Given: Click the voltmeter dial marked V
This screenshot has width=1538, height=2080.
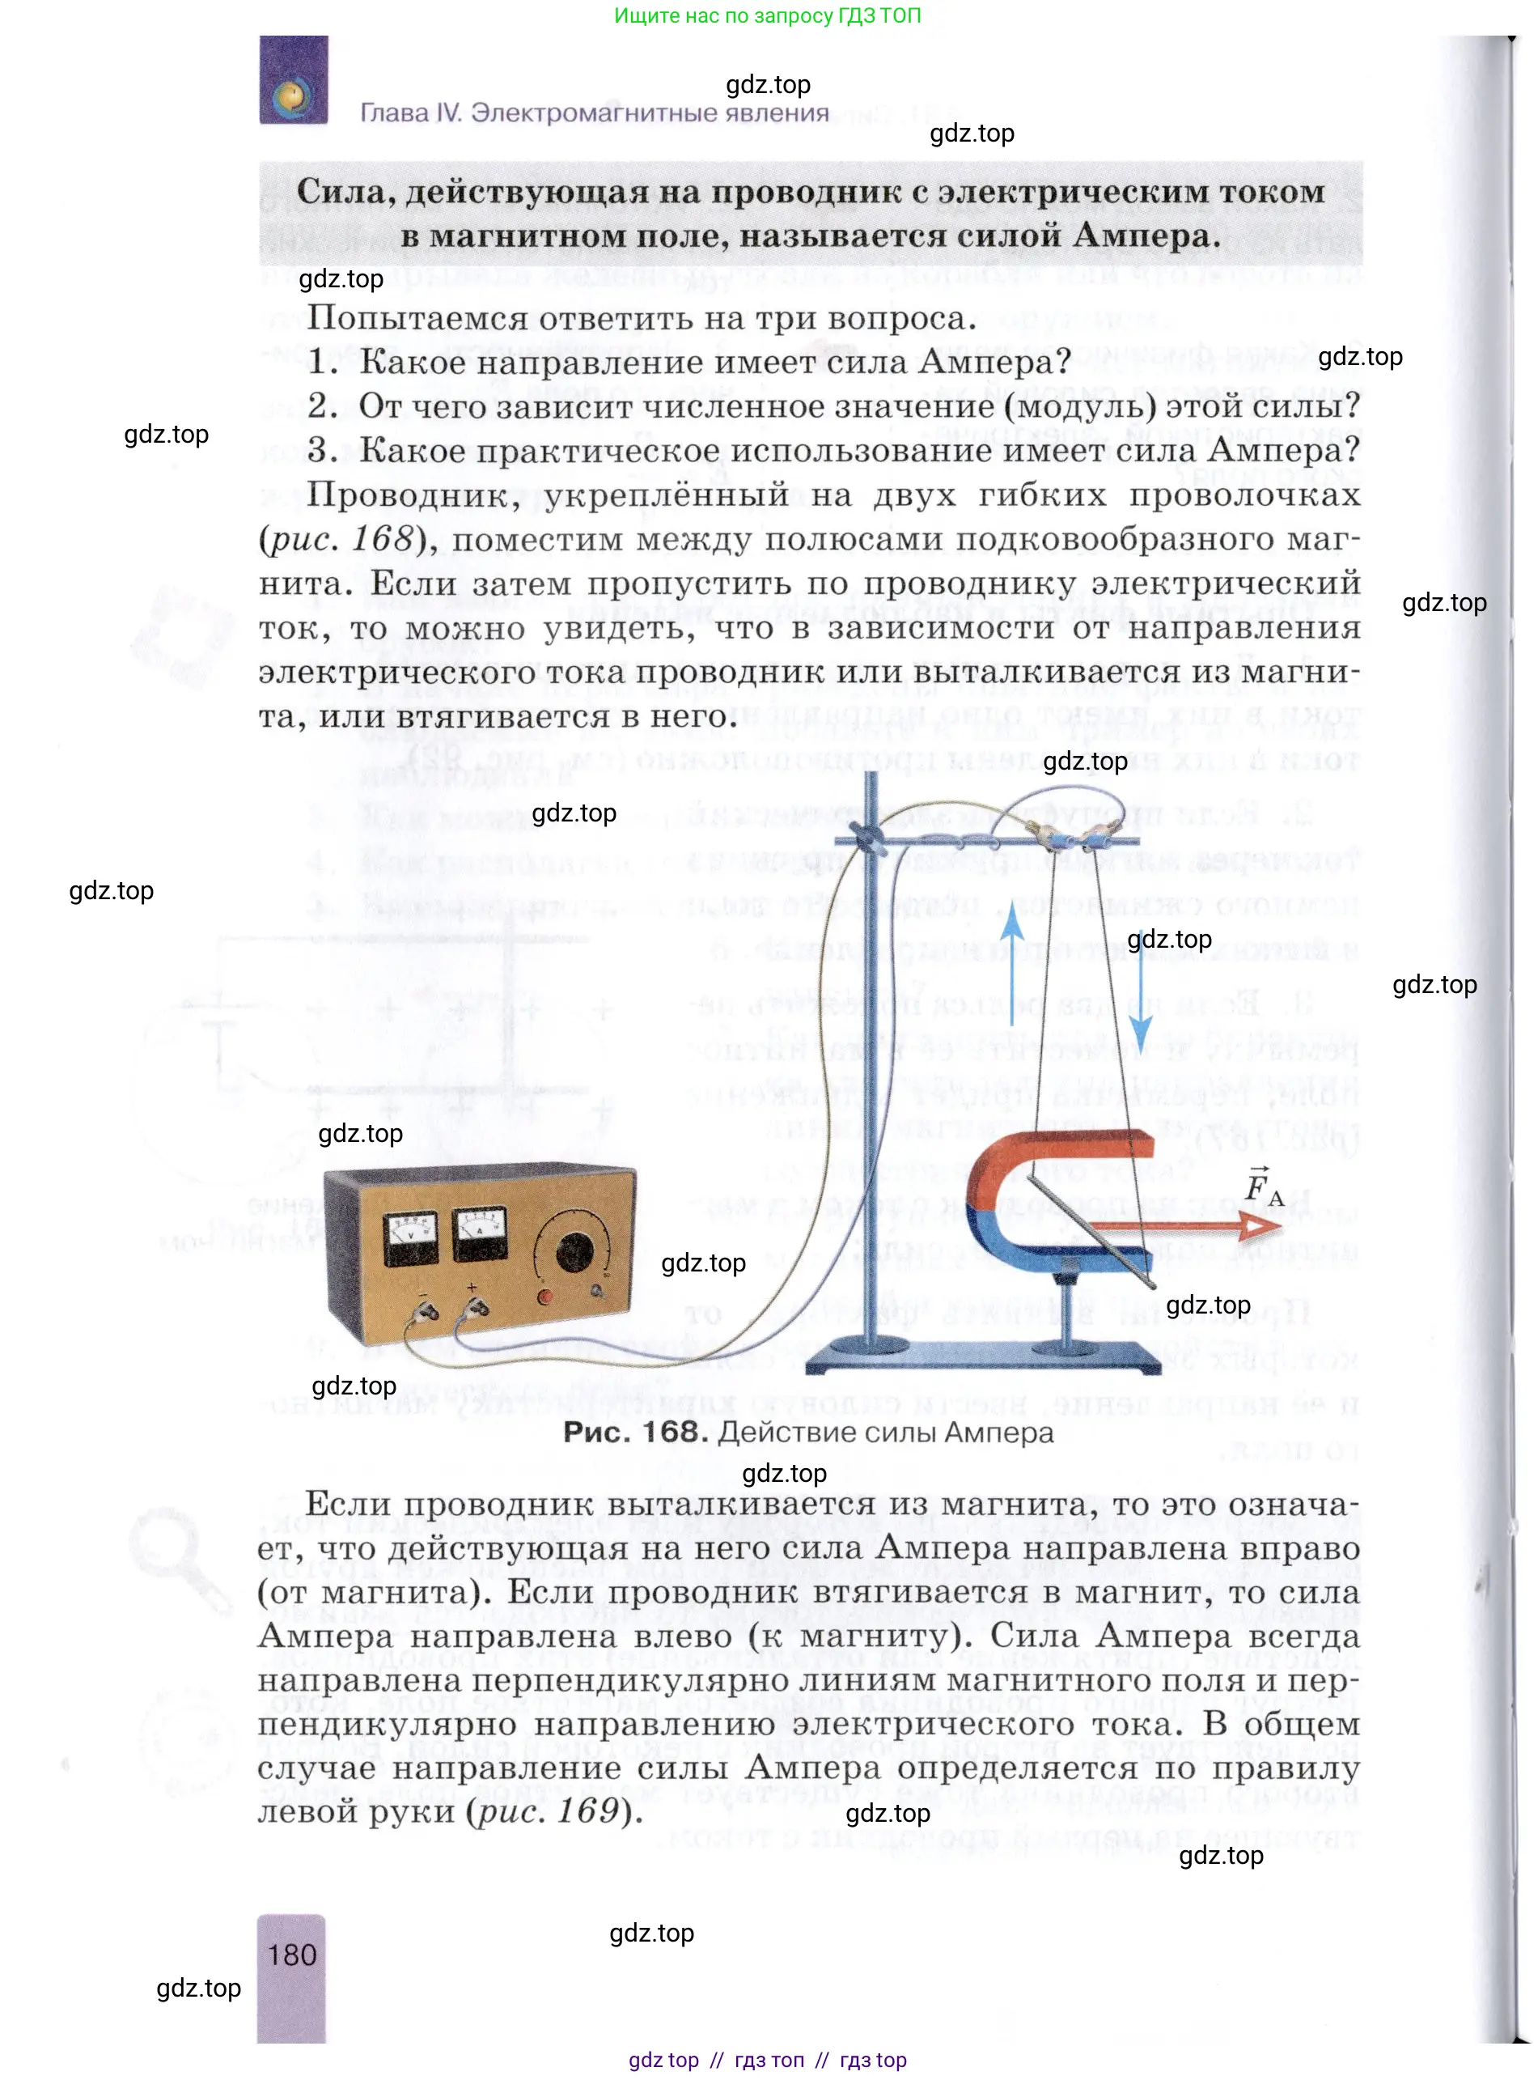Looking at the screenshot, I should [410, 1239].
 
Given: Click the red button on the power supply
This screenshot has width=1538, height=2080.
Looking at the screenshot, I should [544, 1295].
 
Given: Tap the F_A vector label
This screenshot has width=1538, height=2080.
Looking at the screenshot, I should [1262, 1187].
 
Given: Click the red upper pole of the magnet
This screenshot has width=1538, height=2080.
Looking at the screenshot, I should [1061, 1153].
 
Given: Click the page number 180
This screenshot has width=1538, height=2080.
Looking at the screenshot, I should [291, 1955].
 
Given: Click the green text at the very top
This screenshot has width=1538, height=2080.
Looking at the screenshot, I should [767, 16].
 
